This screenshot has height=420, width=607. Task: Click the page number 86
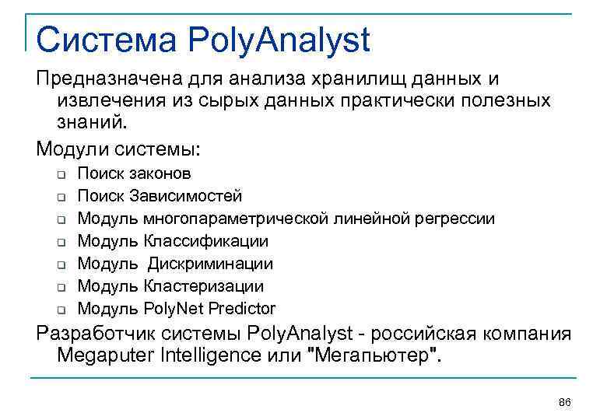tap(565, 401)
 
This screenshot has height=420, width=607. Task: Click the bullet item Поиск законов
tap(134, 173)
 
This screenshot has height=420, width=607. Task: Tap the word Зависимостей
tap(186, 196)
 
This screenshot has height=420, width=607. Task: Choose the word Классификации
tap(206, 241)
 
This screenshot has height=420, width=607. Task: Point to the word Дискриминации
tap(210, 264)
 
